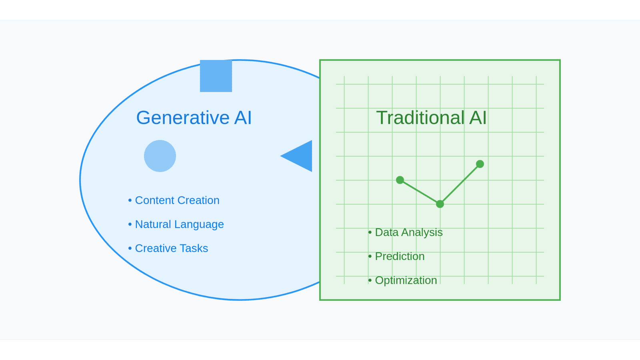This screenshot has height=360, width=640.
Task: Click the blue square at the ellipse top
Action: pyautogui.click(x=216, y=76)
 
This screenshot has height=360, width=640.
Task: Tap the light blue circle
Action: pyautogui.click(x=160, y=156)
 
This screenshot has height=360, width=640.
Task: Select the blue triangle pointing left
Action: pyautogui.click(x=296, y=156)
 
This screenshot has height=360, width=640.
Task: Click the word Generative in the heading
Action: pyautogui.click(x=183, y=118)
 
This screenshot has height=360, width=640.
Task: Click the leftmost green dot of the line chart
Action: pyautogui.click(x=400, y=180)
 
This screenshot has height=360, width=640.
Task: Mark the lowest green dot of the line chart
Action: pyautogui.click(x=440, y=204)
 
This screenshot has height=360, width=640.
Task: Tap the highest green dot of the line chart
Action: pyautogui.click(x=480, y=164)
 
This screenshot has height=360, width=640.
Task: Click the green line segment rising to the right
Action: pyautogui.click(x=460, y=184)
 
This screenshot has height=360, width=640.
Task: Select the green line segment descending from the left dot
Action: pyautogui.click(x=420, y=192)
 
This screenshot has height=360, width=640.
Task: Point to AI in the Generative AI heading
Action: pyautogui.click(x=243, y=118)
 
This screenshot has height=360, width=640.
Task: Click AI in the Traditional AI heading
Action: pyautogui.click(x=478, y=118)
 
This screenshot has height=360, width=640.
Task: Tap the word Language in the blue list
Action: pyautogui.click(x=199, y=224)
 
